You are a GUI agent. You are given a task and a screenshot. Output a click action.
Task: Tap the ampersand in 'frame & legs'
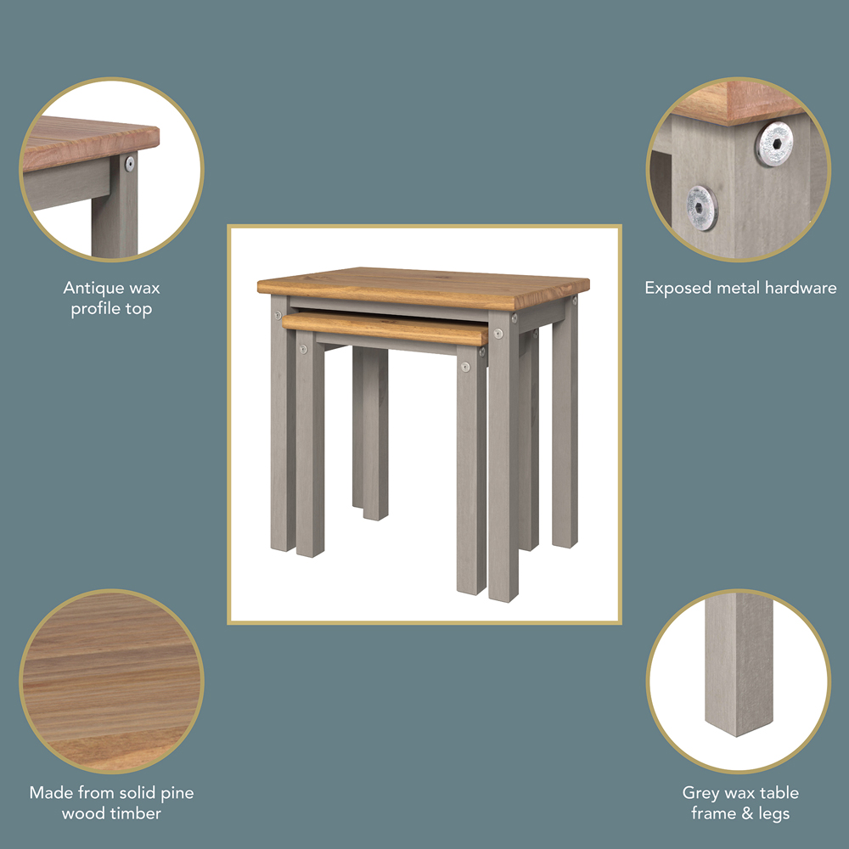(x=745, y=813)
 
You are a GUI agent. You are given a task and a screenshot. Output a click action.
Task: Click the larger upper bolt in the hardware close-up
(x=774, y=143)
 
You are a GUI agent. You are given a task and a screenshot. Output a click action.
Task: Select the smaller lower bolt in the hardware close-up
(x=702, y=207)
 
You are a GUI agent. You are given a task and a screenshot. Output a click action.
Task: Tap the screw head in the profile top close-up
(x=130, y=164)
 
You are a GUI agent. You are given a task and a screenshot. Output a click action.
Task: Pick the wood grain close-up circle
(x=111, y=681)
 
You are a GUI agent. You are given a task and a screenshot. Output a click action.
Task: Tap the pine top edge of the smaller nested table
(x=385, y=329)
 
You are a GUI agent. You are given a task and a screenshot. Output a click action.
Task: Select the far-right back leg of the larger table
(x=565, y=422)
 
